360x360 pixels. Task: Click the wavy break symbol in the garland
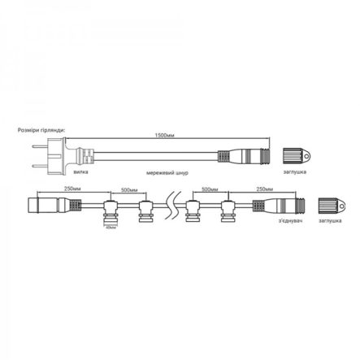pos(169,204)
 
